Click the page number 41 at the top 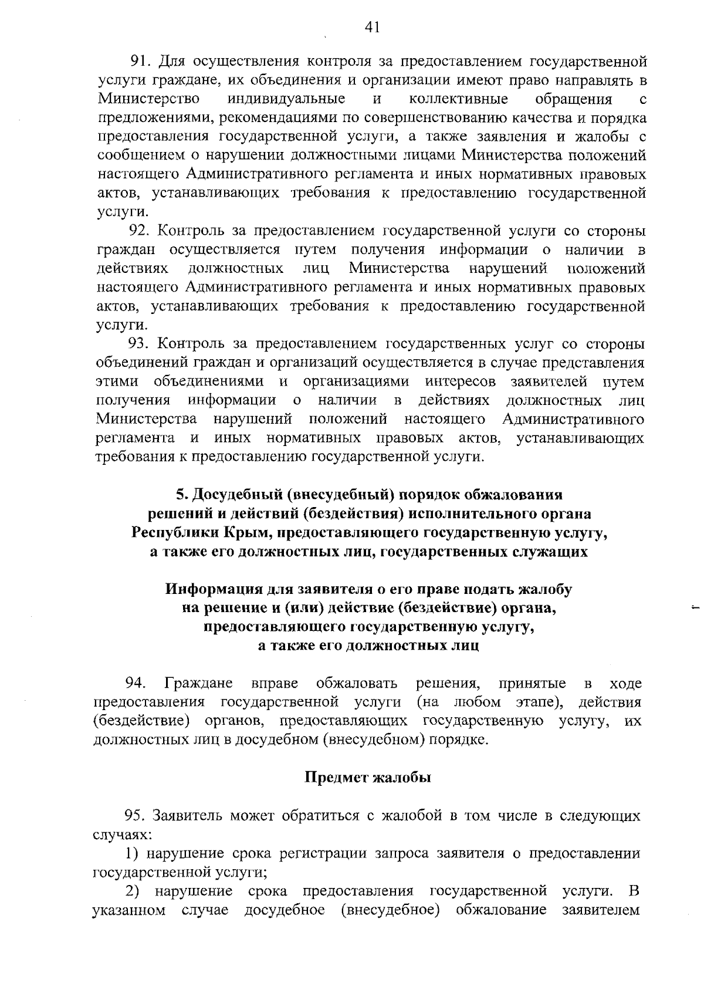tap(372, 28)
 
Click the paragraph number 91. tap(141, 60)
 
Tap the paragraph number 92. tap(141, 231)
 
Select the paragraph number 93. tap(141, 344)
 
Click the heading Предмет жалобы tap(368, 778)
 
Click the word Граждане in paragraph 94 tap(199, 684)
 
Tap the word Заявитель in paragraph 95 tap(187, 816)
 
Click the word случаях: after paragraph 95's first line tap(114, 835)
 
